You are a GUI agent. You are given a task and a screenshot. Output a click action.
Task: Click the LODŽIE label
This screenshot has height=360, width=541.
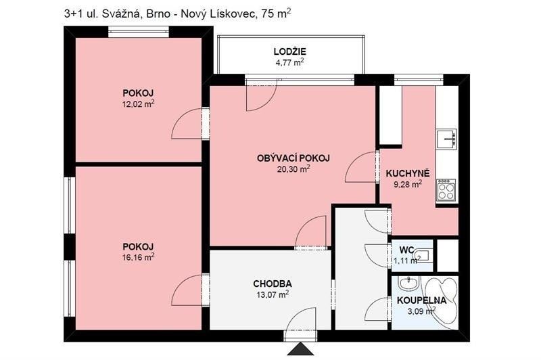(x=290, y=51)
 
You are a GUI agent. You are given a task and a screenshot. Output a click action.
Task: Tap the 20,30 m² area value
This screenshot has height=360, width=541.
(x=290, y=169)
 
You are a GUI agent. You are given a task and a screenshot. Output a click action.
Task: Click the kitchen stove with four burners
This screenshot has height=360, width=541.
(x=446, y=189)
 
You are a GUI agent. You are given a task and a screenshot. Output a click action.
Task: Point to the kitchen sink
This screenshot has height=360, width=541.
(x=446, y=138)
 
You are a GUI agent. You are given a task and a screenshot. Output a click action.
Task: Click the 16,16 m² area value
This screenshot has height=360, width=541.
(x=138, y=257)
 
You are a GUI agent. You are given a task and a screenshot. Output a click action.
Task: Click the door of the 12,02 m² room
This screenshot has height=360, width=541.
(x=189, y=124)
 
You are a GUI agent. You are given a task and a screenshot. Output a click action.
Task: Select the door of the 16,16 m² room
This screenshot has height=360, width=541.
(x=189, y=292)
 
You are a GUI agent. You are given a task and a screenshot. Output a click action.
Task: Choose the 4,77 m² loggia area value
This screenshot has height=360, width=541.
(x=289, y=62)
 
